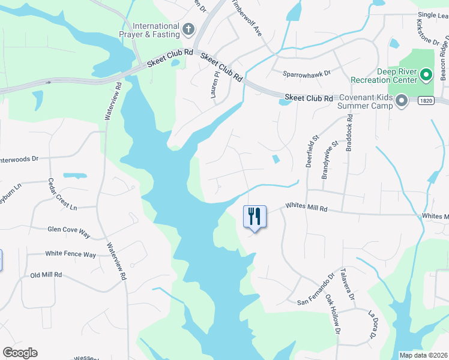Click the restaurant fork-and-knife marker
pyautogui.click(x=255, y=217)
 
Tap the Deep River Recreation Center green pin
pyautogui.click(x=426, y=75)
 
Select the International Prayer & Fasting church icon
pyautogui.click(x=188, y=29)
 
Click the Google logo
pyautogui.click(x=20, y=353)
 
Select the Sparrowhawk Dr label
pyautogui.click(x=307, y=74)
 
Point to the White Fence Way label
pyautogui.click(x=71, y=254)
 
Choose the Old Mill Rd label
pyautogui.click(x=46, y=274)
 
